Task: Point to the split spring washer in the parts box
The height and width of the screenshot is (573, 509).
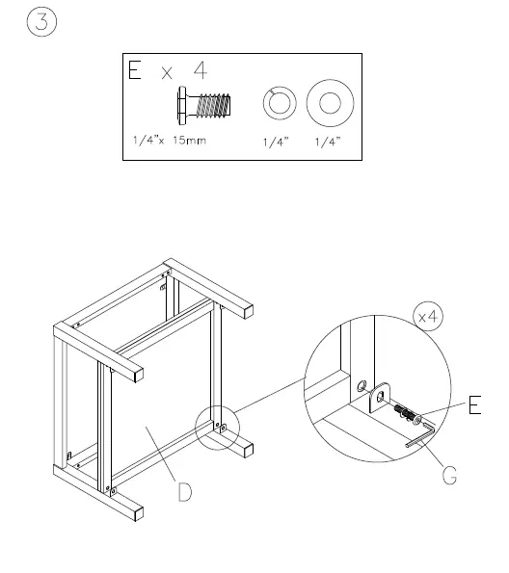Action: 280,103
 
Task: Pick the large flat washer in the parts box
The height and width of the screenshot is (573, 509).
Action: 330,103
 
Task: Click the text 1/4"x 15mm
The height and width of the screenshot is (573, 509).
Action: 171,141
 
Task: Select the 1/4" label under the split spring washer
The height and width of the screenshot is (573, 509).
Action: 278,142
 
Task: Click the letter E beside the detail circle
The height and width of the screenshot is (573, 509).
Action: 474,407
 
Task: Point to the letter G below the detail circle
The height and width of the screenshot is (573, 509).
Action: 449,476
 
